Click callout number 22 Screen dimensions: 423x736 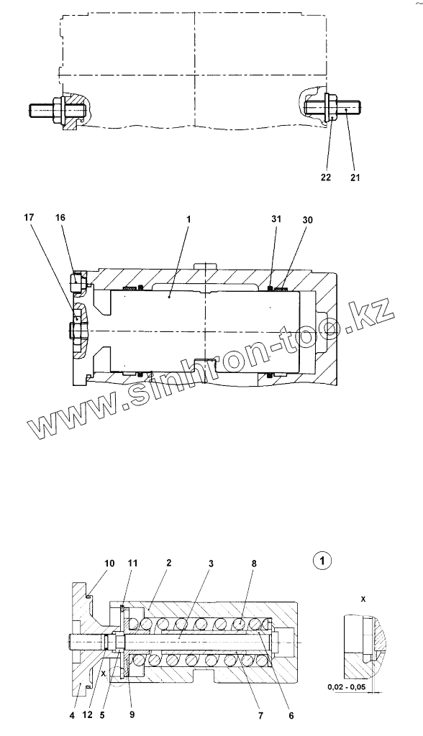326,178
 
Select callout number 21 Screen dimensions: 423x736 355,178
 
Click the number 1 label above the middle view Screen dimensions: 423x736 187,218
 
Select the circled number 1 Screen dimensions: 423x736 323,560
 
